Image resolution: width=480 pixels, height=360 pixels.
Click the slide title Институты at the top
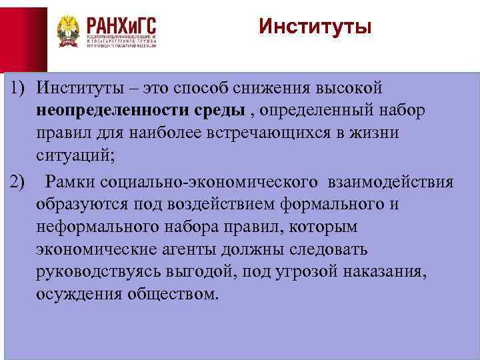tap(314, 27)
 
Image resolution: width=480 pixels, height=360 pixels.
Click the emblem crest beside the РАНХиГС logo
tap(69, 31)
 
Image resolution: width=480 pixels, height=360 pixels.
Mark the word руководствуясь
tap(89, 273)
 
